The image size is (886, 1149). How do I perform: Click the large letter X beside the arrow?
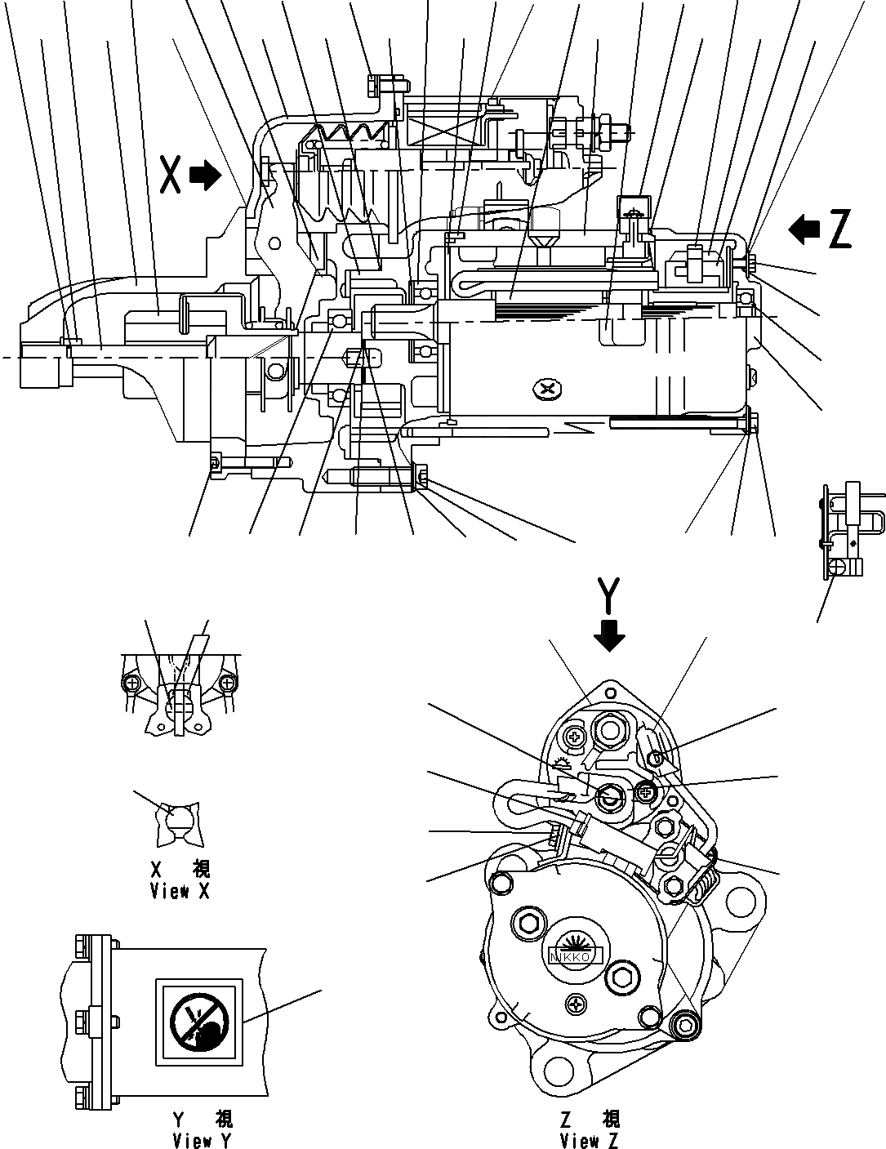click(x=171, y=176)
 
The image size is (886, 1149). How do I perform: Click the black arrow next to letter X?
click(x=205, y=175)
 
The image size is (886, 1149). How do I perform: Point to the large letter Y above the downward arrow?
click(x=609, y=594)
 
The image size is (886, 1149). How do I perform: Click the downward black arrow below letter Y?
click(x=609, y=634)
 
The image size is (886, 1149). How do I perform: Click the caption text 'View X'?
click(x=180, y=891)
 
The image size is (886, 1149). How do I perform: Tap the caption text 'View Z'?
click(x=590, y=1139)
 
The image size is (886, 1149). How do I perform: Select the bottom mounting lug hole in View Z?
click(x=562, y=1070)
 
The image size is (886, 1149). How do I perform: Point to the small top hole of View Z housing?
click(x=607, y=692)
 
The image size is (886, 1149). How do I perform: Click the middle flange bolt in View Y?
click(x=83, y=1020)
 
